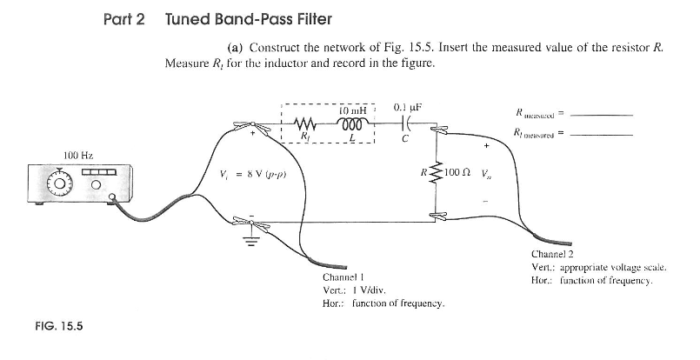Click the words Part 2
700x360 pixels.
pos(123,17)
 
